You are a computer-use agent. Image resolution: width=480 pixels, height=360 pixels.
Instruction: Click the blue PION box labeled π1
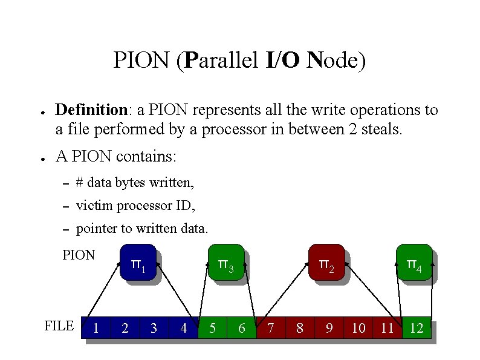138,263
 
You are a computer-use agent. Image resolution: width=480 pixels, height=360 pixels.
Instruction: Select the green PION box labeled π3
226,263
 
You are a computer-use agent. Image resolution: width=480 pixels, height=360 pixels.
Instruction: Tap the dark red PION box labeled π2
326,263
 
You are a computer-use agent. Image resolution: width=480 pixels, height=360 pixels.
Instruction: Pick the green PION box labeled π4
414,263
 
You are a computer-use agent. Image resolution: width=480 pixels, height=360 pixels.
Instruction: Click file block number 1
96,328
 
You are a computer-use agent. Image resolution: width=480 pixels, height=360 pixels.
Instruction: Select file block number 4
183,328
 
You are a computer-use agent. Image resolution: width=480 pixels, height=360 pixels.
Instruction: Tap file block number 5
212,328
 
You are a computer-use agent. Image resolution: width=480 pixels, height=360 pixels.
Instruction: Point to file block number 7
271,328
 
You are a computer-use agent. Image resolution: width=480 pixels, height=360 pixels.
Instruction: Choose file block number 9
329,328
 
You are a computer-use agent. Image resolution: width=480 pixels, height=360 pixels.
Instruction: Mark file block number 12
417,328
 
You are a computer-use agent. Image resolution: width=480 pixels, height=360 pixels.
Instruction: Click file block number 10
358,328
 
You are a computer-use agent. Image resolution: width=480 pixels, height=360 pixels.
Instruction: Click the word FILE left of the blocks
59,326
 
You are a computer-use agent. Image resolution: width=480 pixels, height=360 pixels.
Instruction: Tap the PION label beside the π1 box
79,255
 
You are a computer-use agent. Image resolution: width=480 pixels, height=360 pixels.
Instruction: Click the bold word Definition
91,110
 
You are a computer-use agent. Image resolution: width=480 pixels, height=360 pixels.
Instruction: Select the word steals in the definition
381,129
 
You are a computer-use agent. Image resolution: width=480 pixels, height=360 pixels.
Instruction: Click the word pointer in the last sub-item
97,229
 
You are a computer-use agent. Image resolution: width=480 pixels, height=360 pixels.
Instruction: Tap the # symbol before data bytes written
80,182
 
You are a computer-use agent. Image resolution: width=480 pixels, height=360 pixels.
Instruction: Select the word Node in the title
335,61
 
